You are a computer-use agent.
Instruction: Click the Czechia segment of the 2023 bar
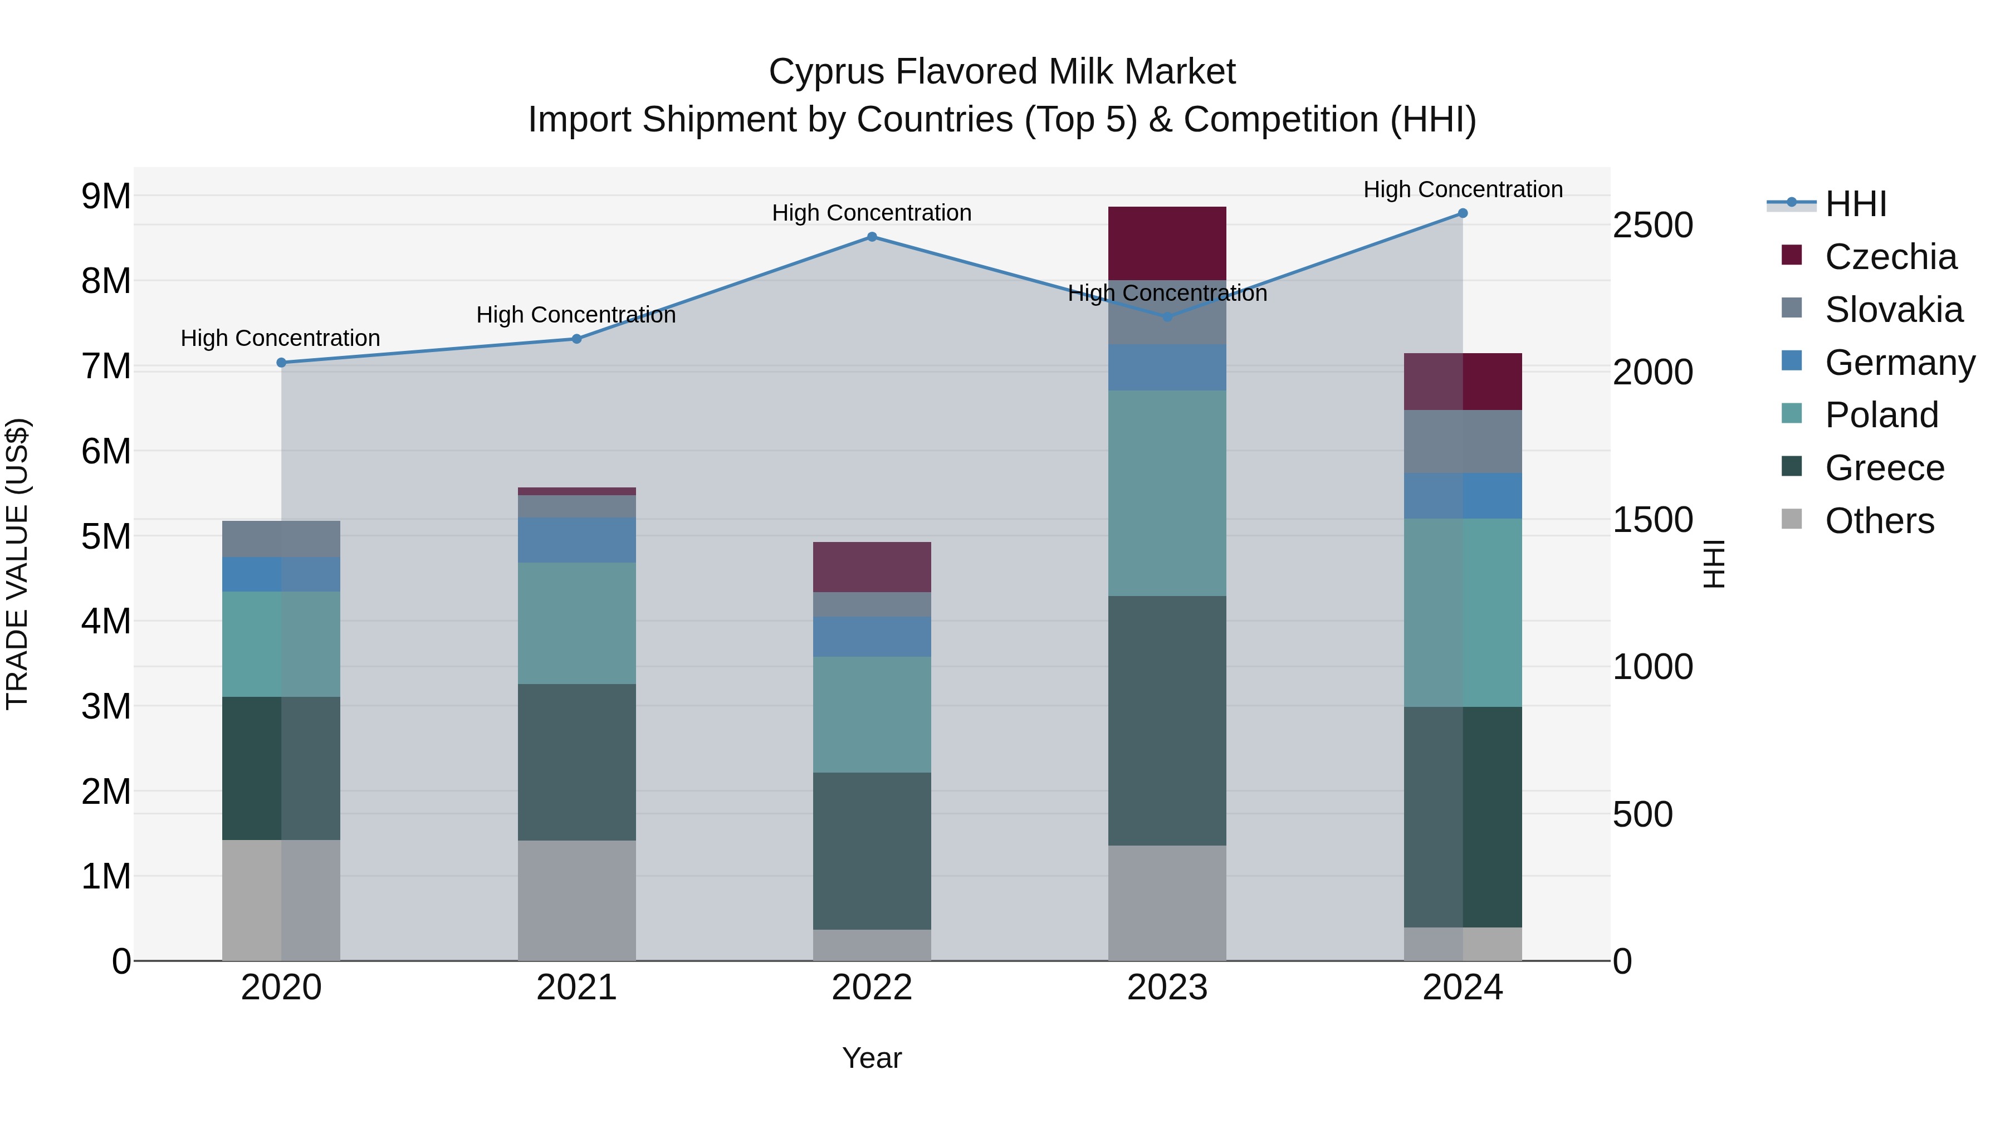1167,243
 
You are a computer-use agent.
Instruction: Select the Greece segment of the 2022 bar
872,851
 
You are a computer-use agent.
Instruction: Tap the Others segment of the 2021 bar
577,900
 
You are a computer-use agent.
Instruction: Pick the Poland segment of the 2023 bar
1167,493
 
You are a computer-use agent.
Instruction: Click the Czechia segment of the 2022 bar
872,567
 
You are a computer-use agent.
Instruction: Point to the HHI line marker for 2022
872,237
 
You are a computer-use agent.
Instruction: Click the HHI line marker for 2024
1463,213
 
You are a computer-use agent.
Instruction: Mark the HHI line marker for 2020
282,363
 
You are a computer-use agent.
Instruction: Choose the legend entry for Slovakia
1893,310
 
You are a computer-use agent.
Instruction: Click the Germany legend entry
1899,363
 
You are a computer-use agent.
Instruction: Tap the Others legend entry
1879,521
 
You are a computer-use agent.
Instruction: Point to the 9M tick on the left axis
106,196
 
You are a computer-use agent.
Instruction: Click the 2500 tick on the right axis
1652,226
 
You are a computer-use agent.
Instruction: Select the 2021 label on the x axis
577,988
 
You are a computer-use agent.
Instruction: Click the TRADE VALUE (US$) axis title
17,564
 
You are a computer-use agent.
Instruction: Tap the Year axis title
872,1058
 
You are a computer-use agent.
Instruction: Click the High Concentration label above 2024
1463,189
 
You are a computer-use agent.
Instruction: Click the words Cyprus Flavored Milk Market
1002,72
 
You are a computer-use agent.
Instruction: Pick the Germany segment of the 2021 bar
577,539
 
